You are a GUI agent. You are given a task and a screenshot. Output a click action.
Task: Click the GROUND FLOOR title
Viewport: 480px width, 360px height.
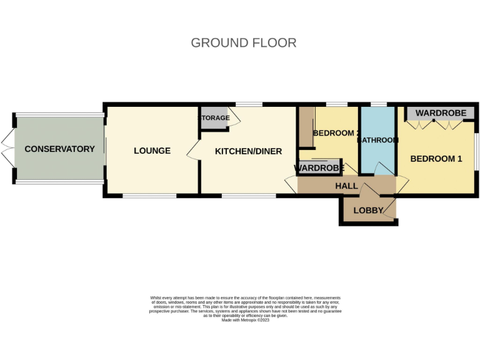pyautogui.click(x=243, y=43)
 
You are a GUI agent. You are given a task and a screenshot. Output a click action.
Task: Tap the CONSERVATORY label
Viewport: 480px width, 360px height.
pyautogui.click(x=59, y=149)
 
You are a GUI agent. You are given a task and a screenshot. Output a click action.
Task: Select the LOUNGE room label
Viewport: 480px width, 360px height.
pyautogui.click(x=152, y=151)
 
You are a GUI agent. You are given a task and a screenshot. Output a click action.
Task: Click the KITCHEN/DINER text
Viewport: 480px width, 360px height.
pyautogui.click(x=248, y=151)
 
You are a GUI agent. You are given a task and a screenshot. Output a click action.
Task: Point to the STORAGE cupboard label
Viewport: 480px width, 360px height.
pyautogui.click(x=214, y=118)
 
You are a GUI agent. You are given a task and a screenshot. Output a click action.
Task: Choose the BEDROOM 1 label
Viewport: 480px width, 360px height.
pyautogui.click(x=436, y=159)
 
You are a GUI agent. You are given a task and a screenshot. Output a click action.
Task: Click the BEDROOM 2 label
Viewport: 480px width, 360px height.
pyautogui.click(x=336, y=133)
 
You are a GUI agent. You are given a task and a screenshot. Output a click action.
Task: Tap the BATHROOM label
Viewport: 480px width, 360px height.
pyautogui.click(x=377, y=140)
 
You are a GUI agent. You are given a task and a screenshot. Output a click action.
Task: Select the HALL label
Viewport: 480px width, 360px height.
pyautogui.click(x=346, y=186)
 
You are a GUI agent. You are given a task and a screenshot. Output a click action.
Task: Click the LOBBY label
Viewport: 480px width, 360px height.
pyautogui.click(x=367, y=211)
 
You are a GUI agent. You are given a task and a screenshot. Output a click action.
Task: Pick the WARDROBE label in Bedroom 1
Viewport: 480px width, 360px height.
pyautogui.click(x=441, y=113)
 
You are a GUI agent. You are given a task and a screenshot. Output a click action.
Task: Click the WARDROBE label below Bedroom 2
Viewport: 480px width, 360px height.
pyautogui.click(x=319, y=168)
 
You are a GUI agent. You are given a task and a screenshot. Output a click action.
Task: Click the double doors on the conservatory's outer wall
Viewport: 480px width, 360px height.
pyautogui.click(x=7, y=149)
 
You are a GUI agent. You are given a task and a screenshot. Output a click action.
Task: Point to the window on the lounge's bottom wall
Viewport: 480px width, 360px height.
pyautogui.click(x=149, y=196)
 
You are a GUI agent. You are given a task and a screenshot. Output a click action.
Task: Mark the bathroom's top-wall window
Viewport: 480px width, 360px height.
pyautogui.click(x=377, y=104)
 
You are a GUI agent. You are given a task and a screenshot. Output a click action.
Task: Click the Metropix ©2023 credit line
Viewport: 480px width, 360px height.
pyautogui.click(x=244, y=320)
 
